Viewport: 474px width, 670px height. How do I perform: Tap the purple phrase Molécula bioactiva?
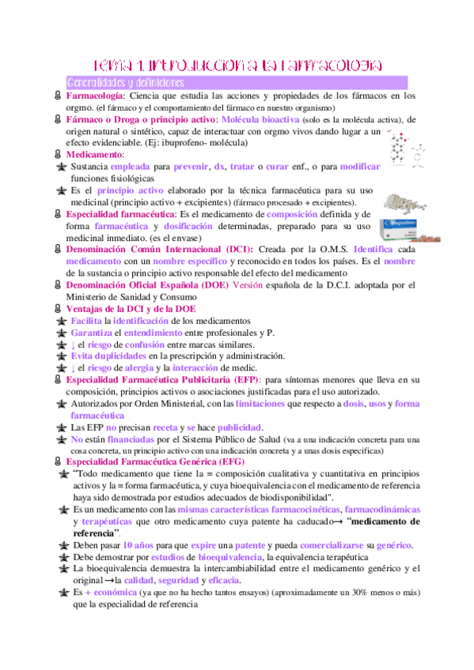tap(260, 119)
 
